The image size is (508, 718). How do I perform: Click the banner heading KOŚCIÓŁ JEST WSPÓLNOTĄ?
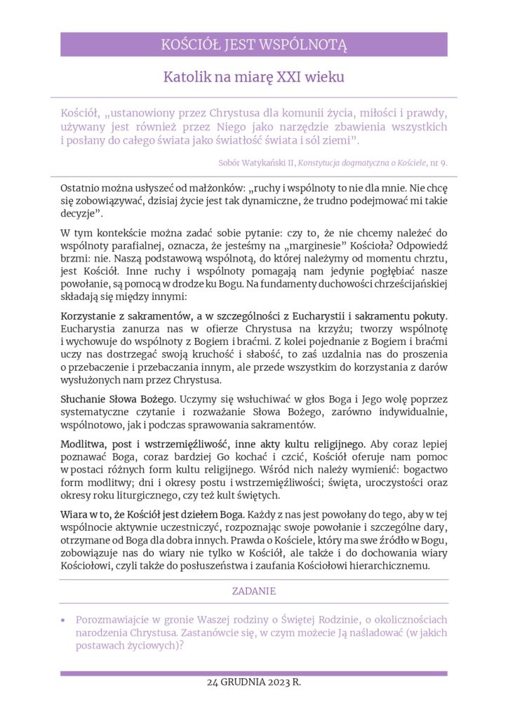click(x=253, y=45)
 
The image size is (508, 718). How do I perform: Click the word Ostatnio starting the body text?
click(x=81, y=189)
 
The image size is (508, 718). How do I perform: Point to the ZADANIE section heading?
click(x=253, y=591)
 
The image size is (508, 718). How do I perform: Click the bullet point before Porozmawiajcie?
click(x=64, y=621)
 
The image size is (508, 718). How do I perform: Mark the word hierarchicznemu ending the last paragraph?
click(x=387, y=565)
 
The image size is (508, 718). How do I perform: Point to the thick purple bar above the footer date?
click(x=253, y=673)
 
